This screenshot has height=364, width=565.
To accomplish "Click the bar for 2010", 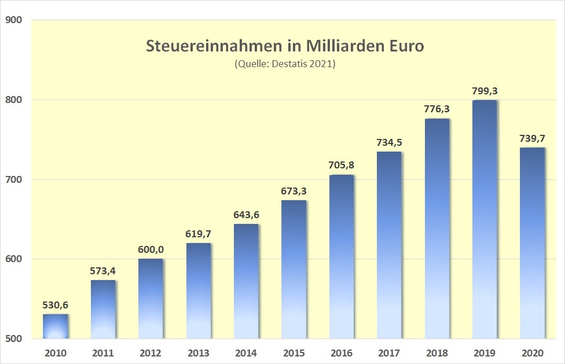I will point(55,326).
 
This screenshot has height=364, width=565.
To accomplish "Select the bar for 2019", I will point(485,219).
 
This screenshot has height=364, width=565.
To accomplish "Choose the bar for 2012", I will point(150,299).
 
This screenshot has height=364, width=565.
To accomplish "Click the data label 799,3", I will point(485,91).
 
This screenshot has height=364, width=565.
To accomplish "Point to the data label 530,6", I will point(55,305).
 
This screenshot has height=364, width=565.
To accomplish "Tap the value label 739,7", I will point(532,139).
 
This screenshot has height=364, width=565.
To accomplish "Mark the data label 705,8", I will point(342,166).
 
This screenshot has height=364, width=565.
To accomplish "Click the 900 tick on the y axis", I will point(13,20).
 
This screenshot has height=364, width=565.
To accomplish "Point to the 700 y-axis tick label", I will point(13,179).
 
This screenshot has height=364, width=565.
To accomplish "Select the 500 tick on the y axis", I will point(13,339).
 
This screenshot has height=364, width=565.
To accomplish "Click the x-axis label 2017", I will point(389,352).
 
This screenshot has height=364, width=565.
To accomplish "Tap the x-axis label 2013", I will point(198,352).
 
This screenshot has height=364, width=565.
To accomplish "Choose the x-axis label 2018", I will point(437,352).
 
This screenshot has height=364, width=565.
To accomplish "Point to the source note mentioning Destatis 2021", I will point(285,64).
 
